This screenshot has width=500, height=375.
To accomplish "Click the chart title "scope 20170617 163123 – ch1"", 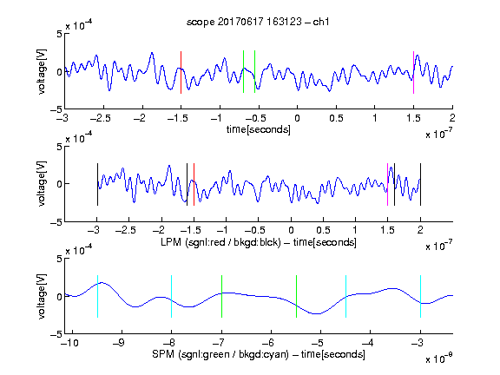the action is click(x=258, y=22).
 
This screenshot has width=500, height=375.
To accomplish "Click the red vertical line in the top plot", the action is click(x=181, y=72).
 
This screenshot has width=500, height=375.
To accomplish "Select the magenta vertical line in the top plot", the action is click(x=413, y=72).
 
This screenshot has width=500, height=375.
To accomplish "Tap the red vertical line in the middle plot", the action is click(x=194, y=184).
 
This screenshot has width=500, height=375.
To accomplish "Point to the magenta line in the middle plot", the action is click(x=387, y=184).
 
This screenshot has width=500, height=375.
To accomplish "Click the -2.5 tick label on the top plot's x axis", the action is click(x=101, y=118).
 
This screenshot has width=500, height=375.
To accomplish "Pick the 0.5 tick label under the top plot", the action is click(x=336, y=118).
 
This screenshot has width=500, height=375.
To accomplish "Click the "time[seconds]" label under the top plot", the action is click(x=259, y=129).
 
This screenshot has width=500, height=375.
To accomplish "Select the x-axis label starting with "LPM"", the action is click(x=259, y=242).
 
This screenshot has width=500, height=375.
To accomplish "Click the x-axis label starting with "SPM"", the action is click(x=259, y=354).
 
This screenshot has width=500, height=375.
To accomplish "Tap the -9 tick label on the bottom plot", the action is click(x=119, y=343).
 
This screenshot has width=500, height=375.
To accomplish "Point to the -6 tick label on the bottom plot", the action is click(x=270, y=343).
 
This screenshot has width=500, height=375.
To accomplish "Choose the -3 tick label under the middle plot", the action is click(x=94, y=230).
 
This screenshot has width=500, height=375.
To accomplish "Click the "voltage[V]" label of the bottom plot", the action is click(x=42, y=296).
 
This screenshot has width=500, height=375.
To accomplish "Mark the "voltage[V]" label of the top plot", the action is click(x=42, y=71).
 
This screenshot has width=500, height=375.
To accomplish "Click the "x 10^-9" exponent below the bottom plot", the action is click(x=438, y=358).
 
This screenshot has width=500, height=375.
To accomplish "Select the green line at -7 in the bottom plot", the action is click(x=221, y=297).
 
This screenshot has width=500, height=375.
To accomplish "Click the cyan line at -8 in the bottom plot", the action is click(x=172, y=297).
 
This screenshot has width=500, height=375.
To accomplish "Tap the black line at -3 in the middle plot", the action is click(x=97, y=184).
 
